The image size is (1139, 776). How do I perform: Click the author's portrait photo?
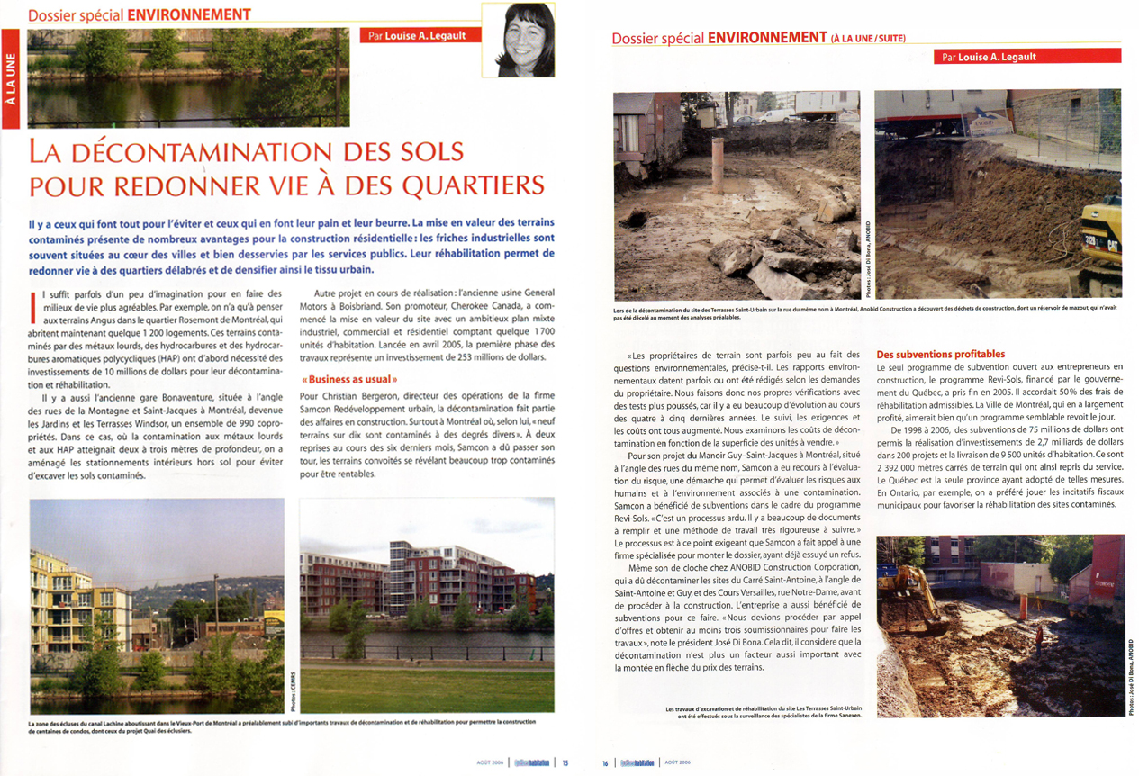(520, 40)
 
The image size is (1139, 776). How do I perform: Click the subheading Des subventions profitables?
(940, 354)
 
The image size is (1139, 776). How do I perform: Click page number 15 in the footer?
(565, 762)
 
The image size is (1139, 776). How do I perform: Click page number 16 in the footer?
(606, 762)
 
